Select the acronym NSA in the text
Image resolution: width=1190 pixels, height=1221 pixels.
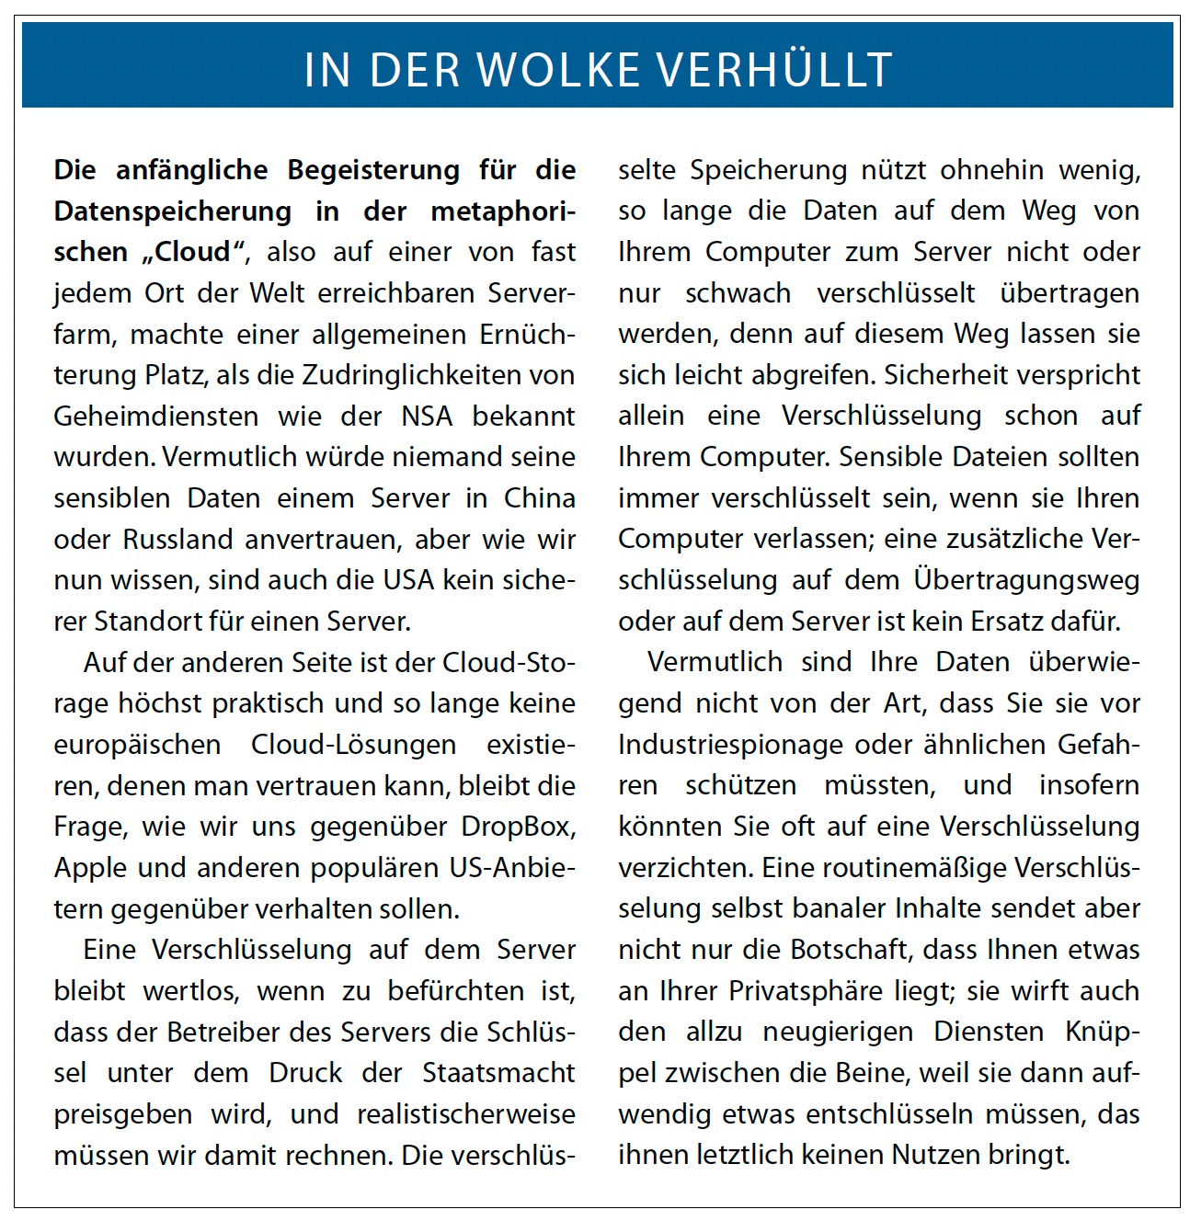427,417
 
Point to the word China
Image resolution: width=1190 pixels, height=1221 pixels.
540,498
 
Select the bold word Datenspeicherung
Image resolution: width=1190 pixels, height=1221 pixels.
172,211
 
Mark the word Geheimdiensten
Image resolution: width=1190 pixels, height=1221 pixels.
155,417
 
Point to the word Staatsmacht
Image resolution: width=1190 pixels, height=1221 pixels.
498,1073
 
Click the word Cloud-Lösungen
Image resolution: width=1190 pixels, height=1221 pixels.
353,745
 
